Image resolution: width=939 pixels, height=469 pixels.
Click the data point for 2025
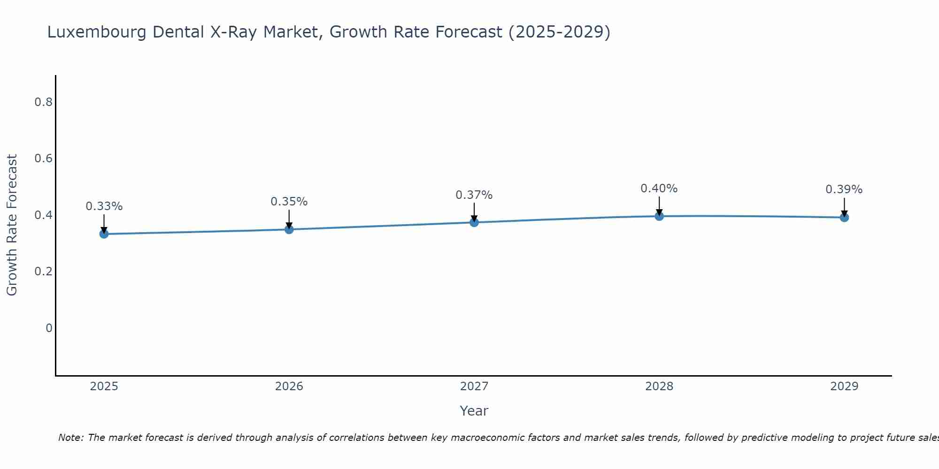tap(104, 234)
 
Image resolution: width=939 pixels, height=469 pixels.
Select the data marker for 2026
tap(289, 229)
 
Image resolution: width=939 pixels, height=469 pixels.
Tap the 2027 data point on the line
tap(474, 222)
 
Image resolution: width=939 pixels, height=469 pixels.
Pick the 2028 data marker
tap(659, 216)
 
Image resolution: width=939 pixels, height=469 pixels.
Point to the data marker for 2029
tap(844, 217)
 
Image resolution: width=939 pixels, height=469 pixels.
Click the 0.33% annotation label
tap(104, 206)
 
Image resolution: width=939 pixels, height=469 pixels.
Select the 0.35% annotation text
tap(289, 202)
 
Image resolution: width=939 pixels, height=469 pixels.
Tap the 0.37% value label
tap(474, 195)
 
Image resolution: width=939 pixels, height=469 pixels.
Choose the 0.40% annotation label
tap(659, 189)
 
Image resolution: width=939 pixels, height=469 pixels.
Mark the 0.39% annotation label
tap(844, 189)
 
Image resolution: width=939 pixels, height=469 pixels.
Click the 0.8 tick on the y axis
tap(43, 102)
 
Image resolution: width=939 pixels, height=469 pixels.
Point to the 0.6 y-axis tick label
tap(43, 159)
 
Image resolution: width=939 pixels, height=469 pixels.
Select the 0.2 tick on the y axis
tap(43, 272)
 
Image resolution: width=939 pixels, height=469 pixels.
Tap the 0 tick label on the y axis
tap(49, 328)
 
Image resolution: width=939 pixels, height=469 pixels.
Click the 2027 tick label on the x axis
tap(474, 386)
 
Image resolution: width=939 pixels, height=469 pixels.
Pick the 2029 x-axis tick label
tap(844, 386)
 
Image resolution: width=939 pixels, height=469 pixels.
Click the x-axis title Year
tap(474, 411)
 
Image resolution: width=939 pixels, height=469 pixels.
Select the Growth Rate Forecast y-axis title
tap(12, 225)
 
